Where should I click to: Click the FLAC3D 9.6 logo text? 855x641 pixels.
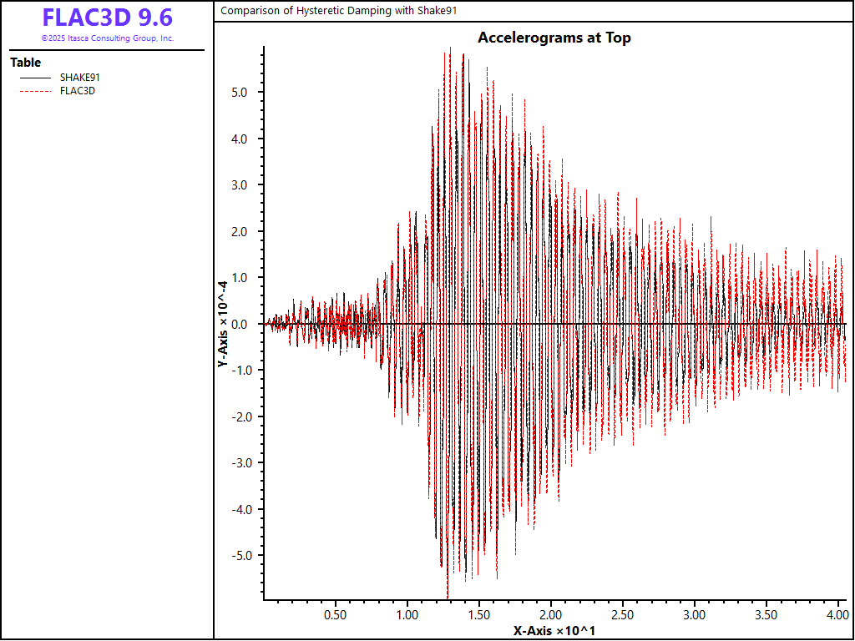tap(107, 18)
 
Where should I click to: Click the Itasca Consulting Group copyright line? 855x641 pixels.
tap(107, 38)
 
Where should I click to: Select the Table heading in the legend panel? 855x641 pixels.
tap(25, 63)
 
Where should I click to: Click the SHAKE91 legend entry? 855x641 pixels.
tap(80, 78)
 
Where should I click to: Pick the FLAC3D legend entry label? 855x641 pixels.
tap(78, 91)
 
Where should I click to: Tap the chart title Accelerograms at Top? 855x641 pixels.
tap(554, 38)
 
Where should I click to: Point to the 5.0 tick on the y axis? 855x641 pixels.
tap(240, 92)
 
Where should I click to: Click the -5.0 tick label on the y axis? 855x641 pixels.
tap(238, 556)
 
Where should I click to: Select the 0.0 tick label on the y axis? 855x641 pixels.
tap(240, 324)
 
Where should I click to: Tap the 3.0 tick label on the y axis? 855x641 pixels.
tap(240, 184)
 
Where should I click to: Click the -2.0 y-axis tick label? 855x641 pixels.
tap(238, 416)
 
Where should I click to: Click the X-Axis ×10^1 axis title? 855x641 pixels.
tap(554, 630)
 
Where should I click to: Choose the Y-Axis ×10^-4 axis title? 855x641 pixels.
tap(223, 324)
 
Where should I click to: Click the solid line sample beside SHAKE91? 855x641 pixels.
tap(34, 78)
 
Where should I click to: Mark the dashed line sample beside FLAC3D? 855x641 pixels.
tap(34, 91)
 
